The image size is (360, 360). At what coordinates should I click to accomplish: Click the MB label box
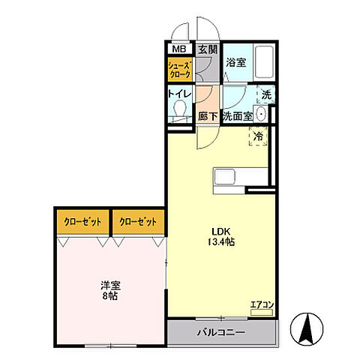point(178,49)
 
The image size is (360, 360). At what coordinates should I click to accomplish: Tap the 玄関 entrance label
point(206,49)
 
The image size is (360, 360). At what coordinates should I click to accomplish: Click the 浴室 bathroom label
point(235,63)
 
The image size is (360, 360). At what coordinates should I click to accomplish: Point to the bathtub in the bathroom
point(263,62)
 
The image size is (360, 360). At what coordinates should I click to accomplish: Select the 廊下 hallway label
point(208,117)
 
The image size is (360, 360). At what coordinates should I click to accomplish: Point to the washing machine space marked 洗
point(265,95)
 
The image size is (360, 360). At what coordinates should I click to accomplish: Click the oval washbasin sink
point(260,115)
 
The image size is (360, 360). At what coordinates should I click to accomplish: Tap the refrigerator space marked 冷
point(258,136)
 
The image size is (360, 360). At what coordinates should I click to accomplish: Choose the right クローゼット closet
point(138,222)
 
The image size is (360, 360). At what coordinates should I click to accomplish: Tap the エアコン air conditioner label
point(262,304)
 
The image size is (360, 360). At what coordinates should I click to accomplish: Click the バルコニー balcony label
point(220,331)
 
